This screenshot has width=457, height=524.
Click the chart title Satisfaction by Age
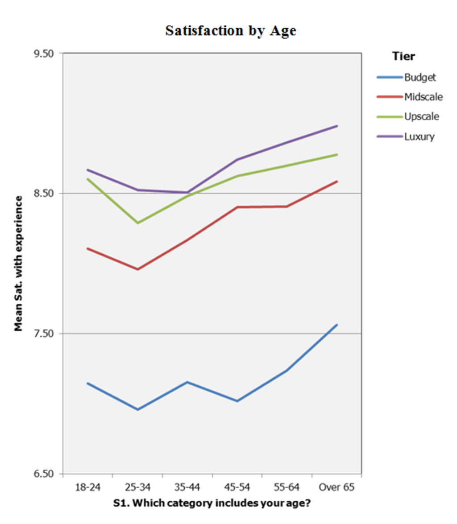click(230, 31)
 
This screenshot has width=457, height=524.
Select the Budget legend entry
click(420, 77)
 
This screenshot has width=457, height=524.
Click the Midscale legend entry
click(423, 96)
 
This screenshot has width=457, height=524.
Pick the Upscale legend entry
click(421, 116)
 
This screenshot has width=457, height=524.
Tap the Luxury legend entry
click(419, 136)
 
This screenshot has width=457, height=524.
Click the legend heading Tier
click(403, 56)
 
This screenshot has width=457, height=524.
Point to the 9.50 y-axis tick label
click(43, 54)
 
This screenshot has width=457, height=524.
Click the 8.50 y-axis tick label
click(43, 194)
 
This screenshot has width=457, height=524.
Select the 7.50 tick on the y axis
click(43, 334)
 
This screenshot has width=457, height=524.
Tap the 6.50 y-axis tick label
click(43, 474)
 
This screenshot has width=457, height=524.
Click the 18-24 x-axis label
click(88, 487)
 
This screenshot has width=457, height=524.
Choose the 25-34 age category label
click(138, 487)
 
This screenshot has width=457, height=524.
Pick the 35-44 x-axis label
click(187, 487)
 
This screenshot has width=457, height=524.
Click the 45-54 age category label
click(237, 487)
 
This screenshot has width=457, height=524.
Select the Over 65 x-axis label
click(337, 487)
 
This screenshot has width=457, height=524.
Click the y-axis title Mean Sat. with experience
click(18, 263)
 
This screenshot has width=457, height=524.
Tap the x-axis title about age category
click(212, 503)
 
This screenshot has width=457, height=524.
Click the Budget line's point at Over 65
click(337, 325)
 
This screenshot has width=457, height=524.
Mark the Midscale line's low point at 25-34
click(138, 269)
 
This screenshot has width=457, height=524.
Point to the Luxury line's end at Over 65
click(337, 126)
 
